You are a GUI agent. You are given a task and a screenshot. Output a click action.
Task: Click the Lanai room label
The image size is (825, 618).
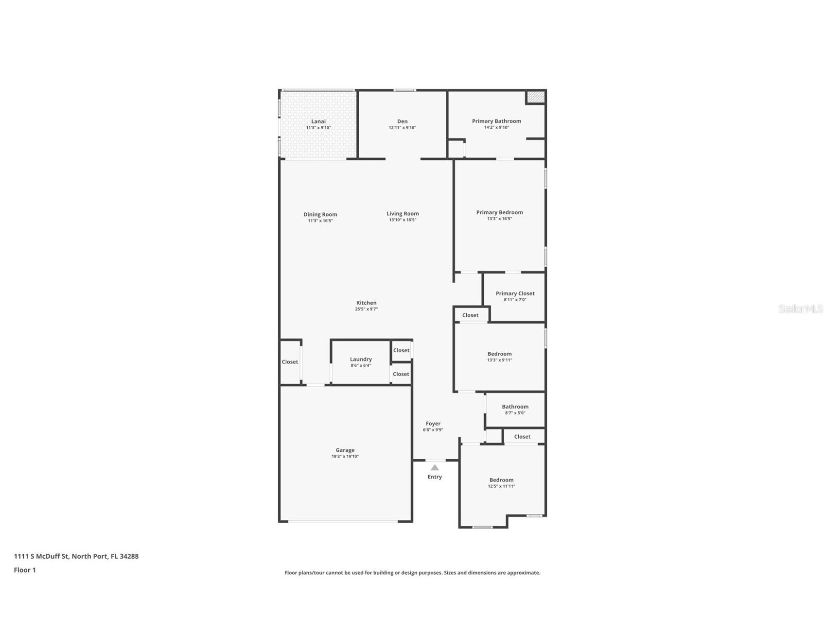(318, 121)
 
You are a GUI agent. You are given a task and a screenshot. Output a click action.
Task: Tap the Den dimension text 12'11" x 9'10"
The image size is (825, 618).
(402, 128)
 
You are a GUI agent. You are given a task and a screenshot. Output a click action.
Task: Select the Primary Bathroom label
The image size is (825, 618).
(496, 121)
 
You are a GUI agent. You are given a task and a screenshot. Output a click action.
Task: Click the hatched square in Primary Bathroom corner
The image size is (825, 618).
(536, 97)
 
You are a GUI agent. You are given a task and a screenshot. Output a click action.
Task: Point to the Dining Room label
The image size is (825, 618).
(320, 214)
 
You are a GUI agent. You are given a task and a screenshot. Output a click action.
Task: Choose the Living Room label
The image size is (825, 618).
(403, 213)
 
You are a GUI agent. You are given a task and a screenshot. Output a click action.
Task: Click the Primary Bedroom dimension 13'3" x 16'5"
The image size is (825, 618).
(499, 219)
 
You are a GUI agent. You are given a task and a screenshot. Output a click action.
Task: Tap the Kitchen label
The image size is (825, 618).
(366, 303)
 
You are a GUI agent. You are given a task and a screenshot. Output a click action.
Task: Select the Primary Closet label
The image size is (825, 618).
(515, 293)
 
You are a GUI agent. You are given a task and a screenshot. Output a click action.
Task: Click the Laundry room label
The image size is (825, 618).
(361, 360)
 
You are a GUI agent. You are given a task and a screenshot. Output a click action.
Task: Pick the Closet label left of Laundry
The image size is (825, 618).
(290, 362)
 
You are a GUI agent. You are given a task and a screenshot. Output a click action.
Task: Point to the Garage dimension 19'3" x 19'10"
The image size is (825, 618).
(345, 457)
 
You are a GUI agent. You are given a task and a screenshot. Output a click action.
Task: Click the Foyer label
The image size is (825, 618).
(433, 424)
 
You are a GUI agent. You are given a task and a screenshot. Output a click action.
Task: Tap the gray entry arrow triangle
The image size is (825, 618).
(435, 467)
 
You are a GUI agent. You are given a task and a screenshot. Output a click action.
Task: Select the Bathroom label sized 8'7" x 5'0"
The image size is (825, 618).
(515, 407)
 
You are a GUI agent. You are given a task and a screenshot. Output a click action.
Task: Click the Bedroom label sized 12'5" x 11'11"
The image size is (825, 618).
(501, 480)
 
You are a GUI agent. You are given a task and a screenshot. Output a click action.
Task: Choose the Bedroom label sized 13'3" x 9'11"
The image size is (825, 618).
(499, 354)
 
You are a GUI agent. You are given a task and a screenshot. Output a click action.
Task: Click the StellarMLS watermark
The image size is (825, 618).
(801, 309)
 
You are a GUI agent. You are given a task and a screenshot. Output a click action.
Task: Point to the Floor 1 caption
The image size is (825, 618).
(25, 570)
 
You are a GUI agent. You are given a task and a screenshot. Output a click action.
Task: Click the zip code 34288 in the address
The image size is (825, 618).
(129, 556)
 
